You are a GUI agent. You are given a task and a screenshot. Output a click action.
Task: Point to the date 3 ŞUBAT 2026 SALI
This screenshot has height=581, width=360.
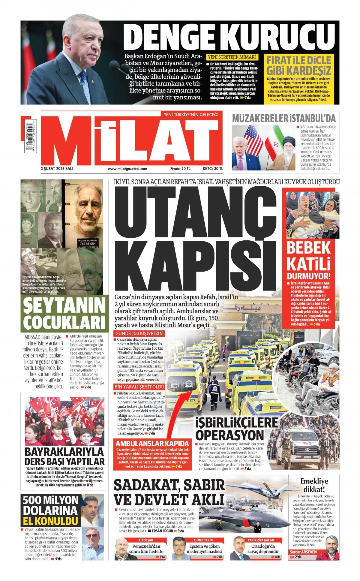click(57, 169)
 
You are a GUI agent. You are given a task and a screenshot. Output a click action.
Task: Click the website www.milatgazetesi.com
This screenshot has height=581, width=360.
click(127, 169)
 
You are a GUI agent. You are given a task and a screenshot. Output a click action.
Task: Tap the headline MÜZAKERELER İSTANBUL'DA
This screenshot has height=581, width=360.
click(284, 118)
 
